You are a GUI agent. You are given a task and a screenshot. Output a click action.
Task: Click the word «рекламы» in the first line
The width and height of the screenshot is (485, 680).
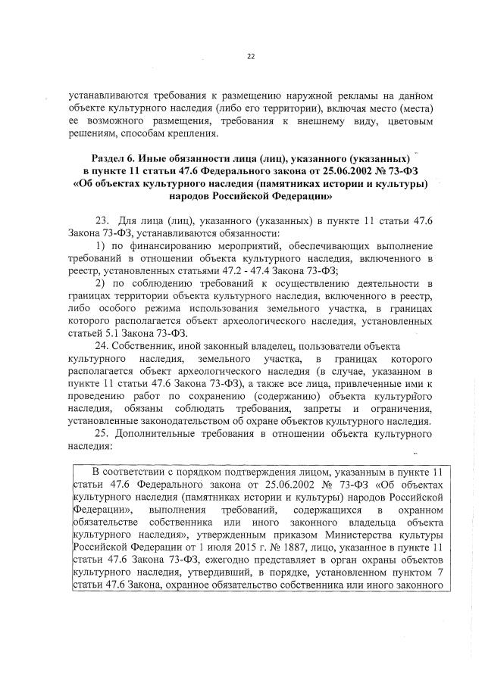coord(335,97)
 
